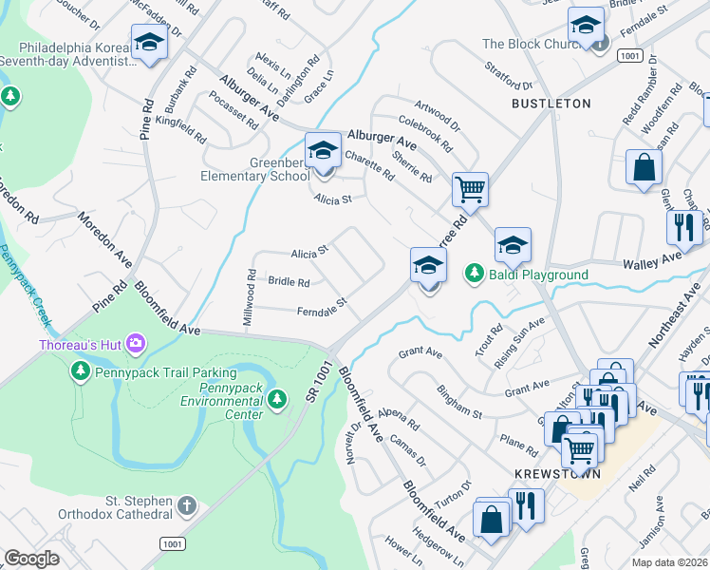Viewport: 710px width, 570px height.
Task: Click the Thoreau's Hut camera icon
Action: point(135,342)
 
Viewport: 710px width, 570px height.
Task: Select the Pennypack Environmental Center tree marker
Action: point(276,398)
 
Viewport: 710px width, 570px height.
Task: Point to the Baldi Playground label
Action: point(537,275)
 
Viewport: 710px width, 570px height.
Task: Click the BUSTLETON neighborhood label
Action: point(551,103)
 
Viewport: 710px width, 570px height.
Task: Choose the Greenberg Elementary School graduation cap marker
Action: point(323,152)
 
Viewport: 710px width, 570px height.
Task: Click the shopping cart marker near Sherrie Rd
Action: point(470,190)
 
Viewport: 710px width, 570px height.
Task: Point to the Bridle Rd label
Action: point(289,282)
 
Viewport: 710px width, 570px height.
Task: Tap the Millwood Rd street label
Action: point(250,298)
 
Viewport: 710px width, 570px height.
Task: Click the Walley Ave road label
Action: point(652,259)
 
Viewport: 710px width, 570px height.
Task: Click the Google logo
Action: point(31,559)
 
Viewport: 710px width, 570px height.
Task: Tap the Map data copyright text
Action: point(669,562)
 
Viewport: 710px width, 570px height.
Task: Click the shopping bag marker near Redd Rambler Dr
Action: point(644,167)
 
